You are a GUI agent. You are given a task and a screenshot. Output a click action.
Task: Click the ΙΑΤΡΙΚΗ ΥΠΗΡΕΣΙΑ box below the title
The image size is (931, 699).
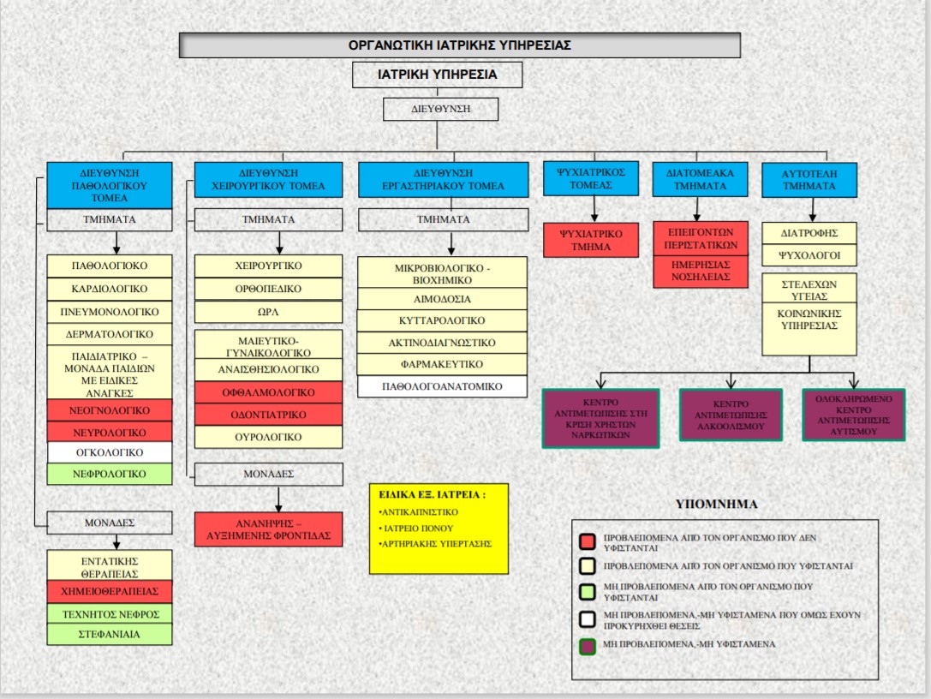437,75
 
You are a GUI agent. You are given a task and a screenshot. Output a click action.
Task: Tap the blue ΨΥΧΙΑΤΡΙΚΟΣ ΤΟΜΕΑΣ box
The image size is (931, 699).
591,178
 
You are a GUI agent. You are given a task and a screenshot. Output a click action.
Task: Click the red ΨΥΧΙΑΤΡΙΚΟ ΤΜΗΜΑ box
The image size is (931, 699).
591,240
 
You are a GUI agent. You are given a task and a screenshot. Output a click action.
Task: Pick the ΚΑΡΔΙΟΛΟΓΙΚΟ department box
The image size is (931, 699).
110,289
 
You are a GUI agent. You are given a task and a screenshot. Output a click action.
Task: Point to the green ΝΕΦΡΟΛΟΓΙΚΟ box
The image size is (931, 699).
110,474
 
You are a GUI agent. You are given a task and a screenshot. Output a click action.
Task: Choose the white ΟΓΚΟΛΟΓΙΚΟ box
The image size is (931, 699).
110,452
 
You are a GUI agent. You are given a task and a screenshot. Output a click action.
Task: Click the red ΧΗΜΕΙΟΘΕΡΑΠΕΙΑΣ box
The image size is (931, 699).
110,592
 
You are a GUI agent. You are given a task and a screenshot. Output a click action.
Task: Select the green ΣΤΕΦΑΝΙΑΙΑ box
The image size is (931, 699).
110,635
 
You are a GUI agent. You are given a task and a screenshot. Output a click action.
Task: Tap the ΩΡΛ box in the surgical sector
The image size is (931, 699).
269,310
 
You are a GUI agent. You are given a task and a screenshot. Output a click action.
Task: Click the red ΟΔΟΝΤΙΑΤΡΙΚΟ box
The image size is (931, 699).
269,415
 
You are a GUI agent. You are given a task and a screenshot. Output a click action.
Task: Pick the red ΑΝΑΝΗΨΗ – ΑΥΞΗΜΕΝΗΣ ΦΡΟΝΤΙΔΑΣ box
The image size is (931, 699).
269,529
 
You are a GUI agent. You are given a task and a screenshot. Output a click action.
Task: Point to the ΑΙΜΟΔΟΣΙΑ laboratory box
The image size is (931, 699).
441,299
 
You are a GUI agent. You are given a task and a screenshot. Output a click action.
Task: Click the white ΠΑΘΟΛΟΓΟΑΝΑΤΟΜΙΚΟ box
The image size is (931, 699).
441,386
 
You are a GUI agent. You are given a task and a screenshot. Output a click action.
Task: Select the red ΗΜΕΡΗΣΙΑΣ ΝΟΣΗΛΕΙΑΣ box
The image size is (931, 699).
701,272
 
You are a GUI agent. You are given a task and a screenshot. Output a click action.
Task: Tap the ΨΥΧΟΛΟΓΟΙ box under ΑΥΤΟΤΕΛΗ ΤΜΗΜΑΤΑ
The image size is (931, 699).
809,255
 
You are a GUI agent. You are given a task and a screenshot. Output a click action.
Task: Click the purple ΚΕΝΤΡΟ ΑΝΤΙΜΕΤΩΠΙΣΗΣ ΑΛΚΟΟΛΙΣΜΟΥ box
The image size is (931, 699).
731,415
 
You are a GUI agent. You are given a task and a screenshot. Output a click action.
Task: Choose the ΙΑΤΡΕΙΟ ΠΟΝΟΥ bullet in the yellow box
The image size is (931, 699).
418,529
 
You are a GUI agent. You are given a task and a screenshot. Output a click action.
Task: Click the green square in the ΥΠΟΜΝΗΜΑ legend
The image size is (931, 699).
587,592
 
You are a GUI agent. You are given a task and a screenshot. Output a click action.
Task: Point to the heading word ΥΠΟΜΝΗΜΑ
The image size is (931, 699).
717,505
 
